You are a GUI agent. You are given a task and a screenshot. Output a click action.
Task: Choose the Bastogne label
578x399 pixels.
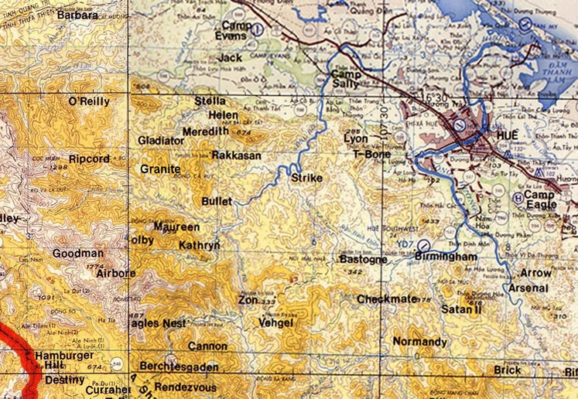point(364,260)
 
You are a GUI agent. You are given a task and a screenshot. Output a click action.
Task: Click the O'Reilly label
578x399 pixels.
point(89,101)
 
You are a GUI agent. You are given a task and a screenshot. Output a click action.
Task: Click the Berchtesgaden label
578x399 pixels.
point(179,367)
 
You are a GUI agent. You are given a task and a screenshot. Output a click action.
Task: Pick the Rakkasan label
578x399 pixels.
point(236,155)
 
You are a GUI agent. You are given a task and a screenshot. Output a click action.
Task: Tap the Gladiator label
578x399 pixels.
point(161,141)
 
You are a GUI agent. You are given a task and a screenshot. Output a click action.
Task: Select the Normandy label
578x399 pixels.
point(419,342)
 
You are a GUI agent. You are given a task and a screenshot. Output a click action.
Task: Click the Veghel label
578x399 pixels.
point(276,322)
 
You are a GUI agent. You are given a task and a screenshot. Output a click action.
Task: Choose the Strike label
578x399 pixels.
point(306,178)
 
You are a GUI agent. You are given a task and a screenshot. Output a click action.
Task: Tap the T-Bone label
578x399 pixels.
point(369,154)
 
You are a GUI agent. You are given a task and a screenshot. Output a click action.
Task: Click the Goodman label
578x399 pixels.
point(77,253)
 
